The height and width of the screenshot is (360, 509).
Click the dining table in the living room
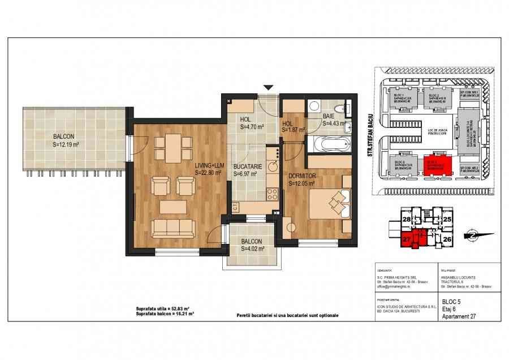170,147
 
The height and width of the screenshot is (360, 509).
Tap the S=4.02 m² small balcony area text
252,247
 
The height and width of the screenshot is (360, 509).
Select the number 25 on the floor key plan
447,218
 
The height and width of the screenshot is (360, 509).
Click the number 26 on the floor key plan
447,239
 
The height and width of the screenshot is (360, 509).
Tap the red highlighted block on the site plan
440,164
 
